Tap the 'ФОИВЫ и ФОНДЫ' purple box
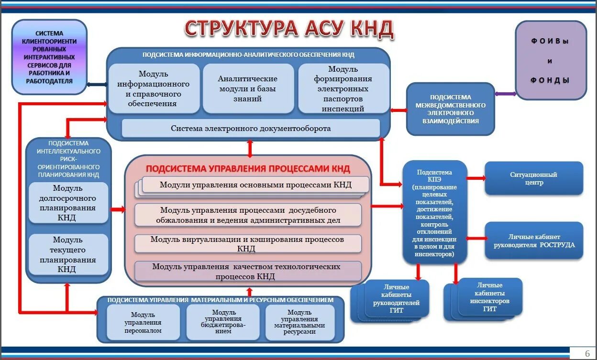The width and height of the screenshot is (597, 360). tap(550, 60)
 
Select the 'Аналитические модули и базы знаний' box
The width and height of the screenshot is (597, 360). tap(248, 88)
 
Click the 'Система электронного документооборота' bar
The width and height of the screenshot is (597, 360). tap(251, 129)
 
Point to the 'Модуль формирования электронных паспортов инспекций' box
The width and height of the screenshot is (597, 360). tap(343, 89)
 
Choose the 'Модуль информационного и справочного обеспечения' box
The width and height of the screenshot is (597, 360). tap(154, 89)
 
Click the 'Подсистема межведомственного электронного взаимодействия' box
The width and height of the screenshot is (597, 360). tap(450, 109)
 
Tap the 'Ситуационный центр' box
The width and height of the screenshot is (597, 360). tap(533, 178)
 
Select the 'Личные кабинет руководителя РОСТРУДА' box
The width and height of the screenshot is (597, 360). tap(534, 240)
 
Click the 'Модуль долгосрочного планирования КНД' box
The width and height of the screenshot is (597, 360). tap(68, 203)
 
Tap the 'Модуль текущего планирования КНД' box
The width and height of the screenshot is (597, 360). tap(68, 254)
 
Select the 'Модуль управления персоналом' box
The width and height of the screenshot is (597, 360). tap(143, 322)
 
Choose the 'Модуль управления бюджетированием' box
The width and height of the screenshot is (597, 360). tap(223, 322)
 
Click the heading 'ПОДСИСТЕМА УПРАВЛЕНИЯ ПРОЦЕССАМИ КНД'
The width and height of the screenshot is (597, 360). tap(248, 169)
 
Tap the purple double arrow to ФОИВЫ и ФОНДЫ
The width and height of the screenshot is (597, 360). tap(505, 94)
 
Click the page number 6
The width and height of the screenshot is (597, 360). tap(587, 354)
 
